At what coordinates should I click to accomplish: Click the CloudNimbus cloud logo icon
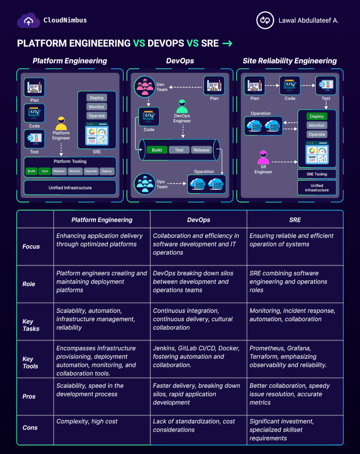[x=28, y=20]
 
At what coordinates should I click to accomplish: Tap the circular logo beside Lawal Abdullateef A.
[x=265, y=20]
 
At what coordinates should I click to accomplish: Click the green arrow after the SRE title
[x=227, y=44]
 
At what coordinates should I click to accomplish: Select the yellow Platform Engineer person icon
[x=61, y=124]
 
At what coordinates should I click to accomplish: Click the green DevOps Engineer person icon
[x=182, y=106]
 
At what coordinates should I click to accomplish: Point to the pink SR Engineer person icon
[x=263, y=157]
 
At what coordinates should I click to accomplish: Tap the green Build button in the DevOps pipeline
[x=157, y=150]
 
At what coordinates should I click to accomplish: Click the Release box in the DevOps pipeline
[x=201, y=150]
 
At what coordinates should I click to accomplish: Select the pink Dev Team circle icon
[x=144, y=86]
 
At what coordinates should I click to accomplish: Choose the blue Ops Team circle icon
[x=144, y=184]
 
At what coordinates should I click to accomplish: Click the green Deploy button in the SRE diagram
[x=317, y=117]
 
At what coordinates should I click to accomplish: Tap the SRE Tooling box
[x=317, y=174]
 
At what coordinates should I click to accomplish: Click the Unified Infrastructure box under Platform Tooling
[x=70, y=188]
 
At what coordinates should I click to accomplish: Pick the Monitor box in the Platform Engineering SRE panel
[x=97, y=107]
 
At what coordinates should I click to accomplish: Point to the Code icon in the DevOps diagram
[x=149, y=117]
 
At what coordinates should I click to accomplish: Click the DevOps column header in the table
[x=199, y=220]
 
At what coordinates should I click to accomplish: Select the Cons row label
[x=30, y=427]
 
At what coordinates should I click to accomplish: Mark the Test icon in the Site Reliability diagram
[x=326, y=85]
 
